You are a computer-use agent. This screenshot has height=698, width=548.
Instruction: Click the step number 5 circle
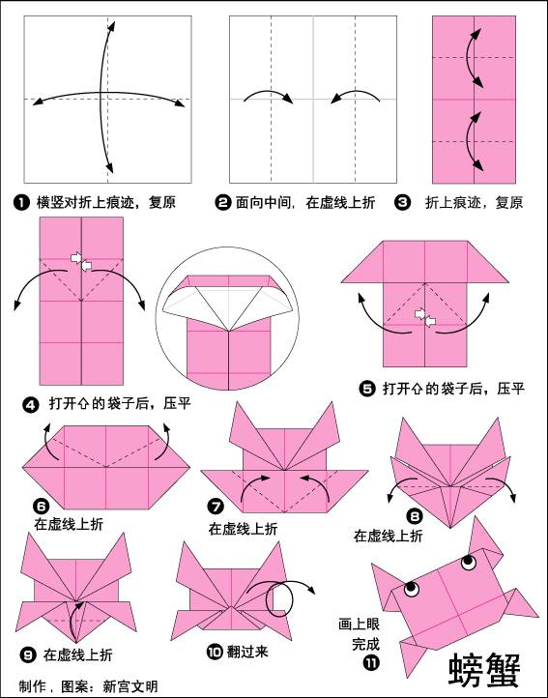click(x=366, y=389)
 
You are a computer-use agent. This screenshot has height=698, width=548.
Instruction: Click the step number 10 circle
click(x=214, y=652)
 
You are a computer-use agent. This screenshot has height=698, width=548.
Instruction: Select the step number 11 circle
click(x=372, y=662)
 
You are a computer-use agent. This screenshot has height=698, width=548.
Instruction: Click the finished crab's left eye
click(x=411, y=587)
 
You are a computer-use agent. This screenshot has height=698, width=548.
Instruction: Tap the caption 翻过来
click(x=247, y=653)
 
